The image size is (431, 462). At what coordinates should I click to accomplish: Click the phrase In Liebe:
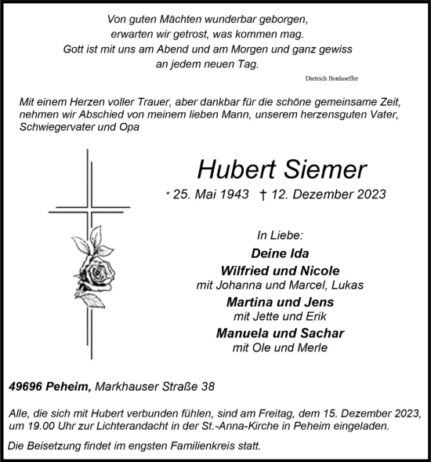(x=280, y=235)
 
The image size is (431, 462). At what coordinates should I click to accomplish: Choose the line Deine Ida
(x=280, y=253)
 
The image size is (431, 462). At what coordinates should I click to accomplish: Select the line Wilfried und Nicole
(x=280, y=271)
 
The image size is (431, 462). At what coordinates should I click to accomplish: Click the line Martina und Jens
(x=280, y=302)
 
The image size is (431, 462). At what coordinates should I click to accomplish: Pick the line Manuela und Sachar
(x=280, y=333)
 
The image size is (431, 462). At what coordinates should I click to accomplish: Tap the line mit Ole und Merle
(x=280, y=347)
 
